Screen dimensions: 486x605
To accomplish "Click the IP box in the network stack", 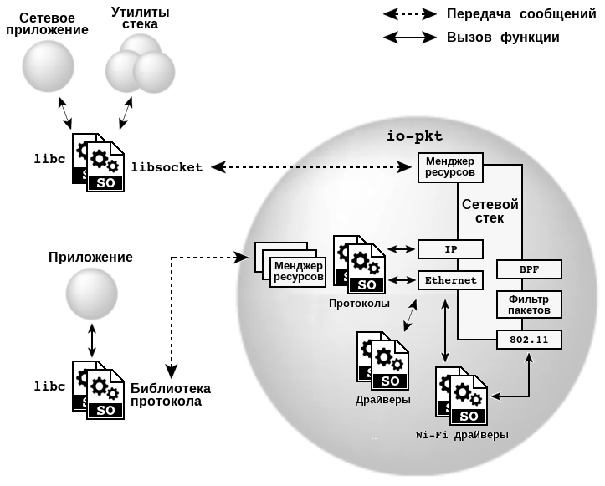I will [450, 249].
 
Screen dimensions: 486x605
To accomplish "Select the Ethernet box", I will [450, 280].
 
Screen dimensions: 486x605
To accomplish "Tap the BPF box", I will [529, 269].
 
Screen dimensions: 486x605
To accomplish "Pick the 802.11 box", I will [529, 340].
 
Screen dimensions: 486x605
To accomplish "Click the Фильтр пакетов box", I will [529, 304].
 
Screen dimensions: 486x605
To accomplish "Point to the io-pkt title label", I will [414, 136].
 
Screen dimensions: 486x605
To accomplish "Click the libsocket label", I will [167, 167].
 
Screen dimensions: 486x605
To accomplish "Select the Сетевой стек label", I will [490, 211].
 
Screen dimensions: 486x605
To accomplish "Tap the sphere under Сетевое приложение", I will [48, 65].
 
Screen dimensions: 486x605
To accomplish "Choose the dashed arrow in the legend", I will [410, 14].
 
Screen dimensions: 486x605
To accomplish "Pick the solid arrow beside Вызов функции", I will [410, 38].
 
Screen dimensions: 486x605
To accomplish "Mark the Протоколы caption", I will [360, 304].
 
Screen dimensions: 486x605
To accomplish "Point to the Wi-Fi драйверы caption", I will [462, 436].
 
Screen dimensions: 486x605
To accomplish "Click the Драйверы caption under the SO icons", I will [383, 400].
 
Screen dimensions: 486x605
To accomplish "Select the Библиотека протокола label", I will [170, 395].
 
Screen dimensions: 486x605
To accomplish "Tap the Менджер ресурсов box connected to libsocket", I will [450, 167].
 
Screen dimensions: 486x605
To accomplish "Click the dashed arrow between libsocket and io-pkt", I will [314, 167].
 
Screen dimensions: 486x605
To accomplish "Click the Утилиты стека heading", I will [140, 19].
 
